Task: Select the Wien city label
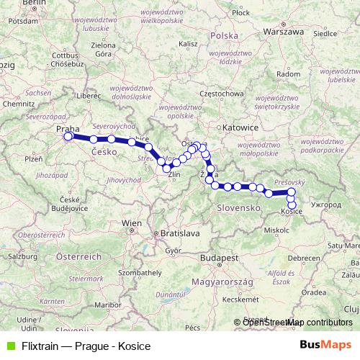132,224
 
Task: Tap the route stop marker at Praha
68,136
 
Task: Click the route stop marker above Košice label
291,204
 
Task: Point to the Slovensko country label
238,207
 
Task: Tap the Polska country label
225,35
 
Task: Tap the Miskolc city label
276,230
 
